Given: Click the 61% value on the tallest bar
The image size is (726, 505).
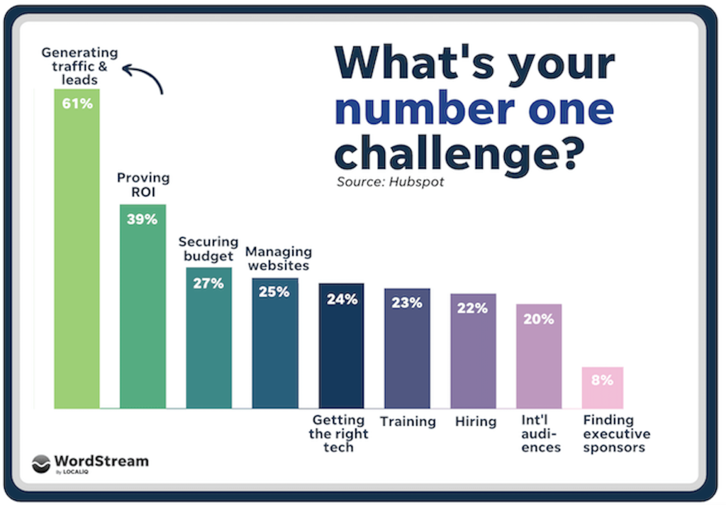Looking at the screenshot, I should click(x=77, y=103).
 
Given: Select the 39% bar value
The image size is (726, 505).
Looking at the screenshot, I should click(x=142, y=219).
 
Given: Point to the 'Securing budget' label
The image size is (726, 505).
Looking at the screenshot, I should click(x=208, y=249).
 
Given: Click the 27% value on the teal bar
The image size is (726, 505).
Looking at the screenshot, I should click(x=208, y=283).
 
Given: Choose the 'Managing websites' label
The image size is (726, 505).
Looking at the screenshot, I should click(x=278, y=258).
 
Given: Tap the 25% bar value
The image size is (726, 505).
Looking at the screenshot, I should click(x=274, y=292).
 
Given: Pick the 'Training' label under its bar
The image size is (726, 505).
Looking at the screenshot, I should click(x=408, y=421).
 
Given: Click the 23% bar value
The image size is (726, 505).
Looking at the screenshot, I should click(x=407, y=303).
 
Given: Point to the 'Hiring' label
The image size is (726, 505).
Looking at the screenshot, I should click(x=475, y=421).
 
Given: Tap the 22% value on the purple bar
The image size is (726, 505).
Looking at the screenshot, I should click(x=473, y=309).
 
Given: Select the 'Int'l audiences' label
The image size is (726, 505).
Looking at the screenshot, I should click(x=540, y=433).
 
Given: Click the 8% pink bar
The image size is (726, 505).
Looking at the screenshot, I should click(x=602, y=387).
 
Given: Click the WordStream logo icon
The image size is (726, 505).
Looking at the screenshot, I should click(x=41, y=462).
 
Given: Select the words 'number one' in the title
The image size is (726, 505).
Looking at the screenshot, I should click(x=474, y=109).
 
